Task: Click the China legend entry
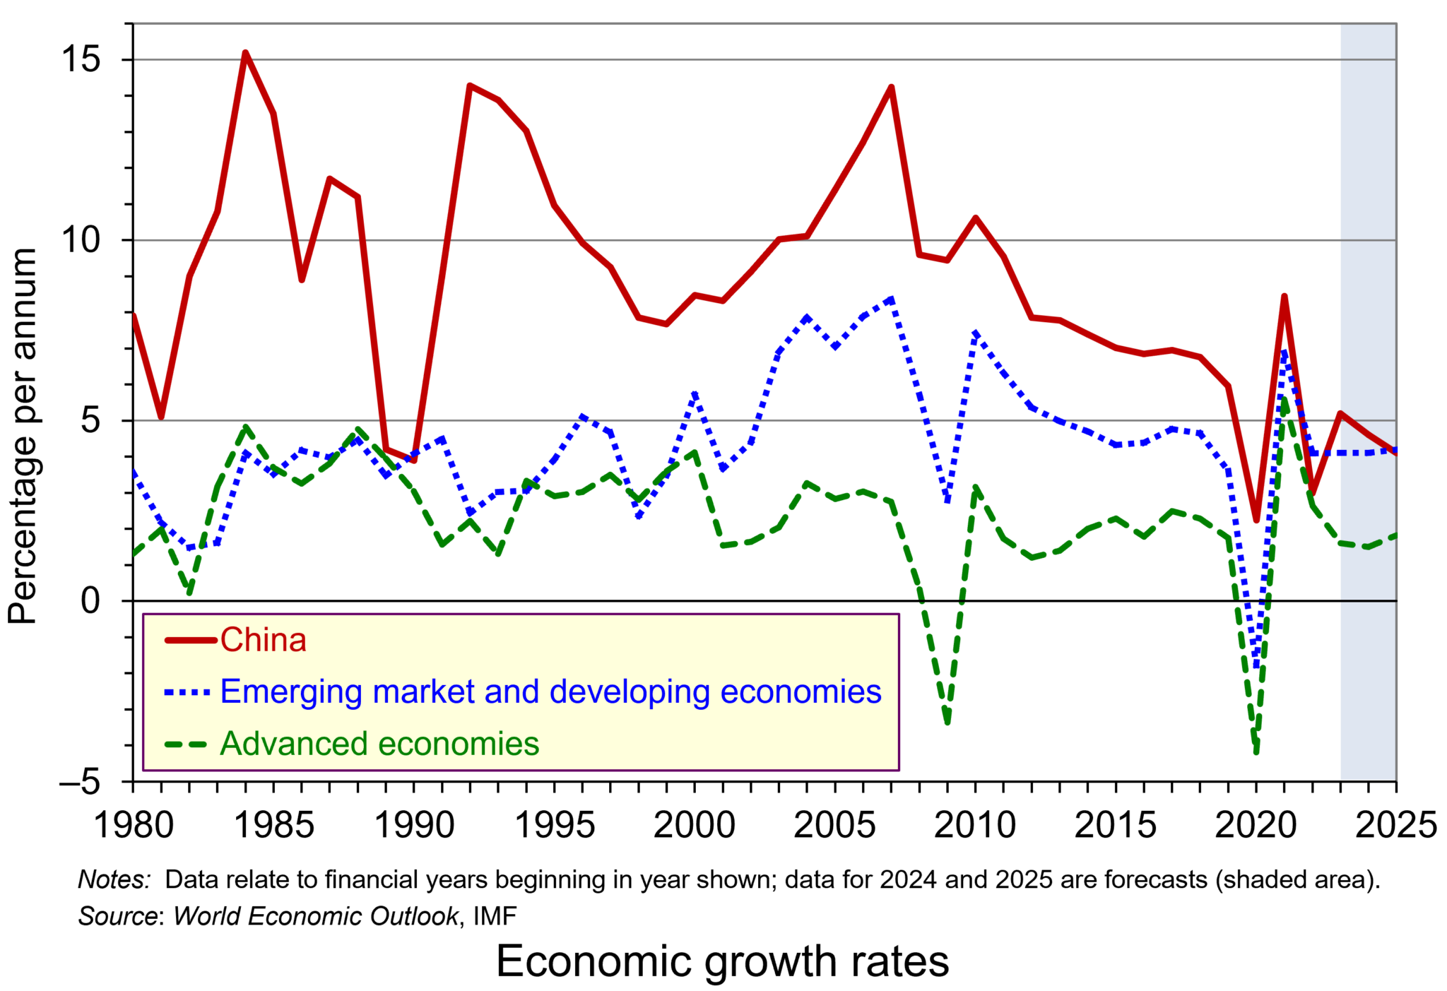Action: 263,640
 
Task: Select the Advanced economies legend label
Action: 379,744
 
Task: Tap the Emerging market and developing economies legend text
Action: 550,692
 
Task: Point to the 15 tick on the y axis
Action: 81,60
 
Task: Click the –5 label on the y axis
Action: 79,782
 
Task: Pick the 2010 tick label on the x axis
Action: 974,824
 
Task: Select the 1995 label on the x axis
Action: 555,824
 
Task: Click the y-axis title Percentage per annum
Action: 23,436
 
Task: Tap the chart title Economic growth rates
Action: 722,961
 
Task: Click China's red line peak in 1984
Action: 244,53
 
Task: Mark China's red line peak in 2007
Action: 891,88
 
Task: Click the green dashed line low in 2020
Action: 1256,752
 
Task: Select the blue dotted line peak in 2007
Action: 891,299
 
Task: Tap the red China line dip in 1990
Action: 414,461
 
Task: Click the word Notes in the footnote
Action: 114,879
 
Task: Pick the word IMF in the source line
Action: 495,916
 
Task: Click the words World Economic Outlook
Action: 316,916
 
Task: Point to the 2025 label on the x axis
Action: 1395,824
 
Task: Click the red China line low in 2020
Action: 1256,521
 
